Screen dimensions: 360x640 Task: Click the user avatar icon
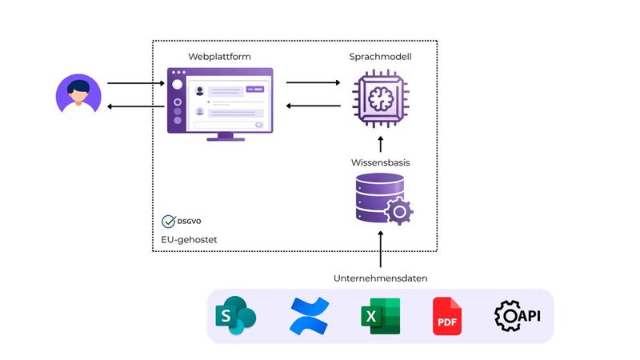(78, 96)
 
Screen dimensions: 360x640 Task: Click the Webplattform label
(219, 57)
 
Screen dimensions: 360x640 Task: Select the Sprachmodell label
(381, 57)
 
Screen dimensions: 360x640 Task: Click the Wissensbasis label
(381, 162)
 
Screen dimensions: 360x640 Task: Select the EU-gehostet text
(189, 239)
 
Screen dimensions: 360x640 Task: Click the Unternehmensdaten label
(381, 278)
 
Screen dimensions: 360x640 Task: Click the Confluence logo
(309, 316)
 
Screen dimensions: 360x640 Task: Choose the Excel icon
(379, 316)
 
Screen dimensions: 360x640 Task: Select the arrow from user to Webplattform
(132, 82)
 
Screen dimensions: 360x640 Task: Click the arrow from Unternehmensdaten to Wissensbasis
(381, 249)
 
